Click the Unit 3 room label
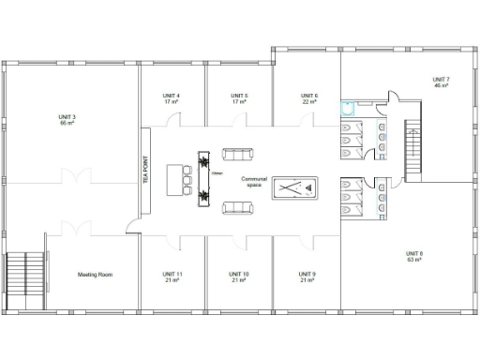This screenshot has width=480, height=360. pyautogui.click(x=67, y=120)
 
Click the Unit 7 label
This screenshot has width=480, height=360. pyautogui.click(x=441, y=82)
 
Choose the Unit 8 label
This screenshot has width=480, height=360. pyautogui.click(x=413, y=256)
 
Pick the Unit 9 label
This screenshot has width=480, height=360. pyautogui.click(x=307, y=277)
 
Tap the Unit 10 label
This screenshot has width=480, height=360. pyautogui.click(x=239, y=277)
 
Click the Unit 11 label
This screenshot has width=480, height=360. pyautogui.click(x=172, y=277)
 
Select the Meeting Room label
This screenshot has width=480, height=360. pyautogui.click(x=95, y=275)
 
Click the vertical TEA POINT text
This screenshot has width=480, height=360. pyautogui.click(x=145, y=168)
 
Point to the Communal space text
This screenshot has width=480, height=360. pyautogui.click(x=253, y=181)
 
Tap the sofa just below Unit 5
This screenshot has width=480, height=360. pyautogui.click(x=237, y=154)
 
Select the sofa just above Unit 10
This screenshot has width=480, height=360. pyautogui.click(x=237, y=207)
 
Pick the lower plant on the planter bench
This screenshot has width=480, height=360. pyautogui.click(x=202, y=195)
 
